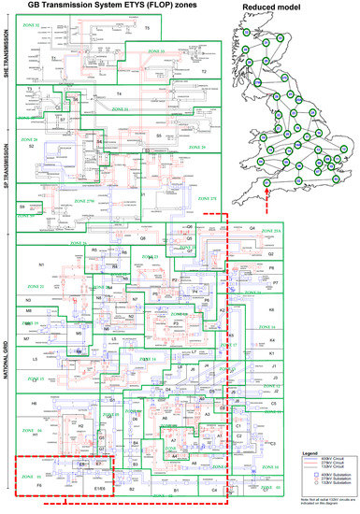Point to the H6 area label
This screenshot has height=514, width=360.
35,403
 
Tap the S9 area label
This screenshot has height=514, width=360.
22,207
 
